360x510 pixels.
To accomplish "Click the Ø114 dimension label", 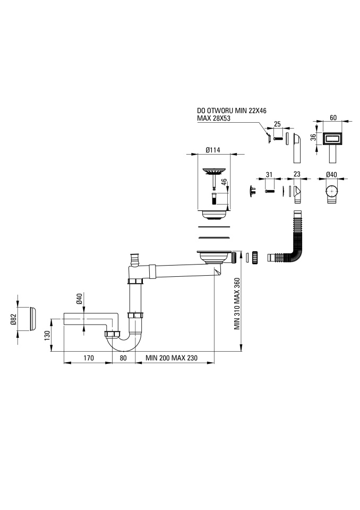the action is (213, 150).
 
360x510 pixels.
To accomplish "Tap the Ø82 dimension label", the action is (13, 319).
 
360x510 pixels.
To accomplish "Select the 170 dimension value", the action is (89, 358).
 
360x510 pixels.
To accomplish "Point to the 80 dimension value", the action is (123, 358).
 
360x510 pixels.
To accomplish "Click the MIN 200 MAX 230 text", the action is (172, 358).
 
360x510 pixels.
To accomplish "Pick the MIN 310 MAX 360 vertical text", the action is (237, 303).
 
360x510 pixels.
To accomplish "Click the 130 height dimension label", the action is (47, 335).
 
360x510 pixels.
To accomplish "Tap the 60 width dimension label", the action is (333, 118).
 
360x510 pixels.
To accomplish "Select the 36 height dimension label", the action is (313, 138).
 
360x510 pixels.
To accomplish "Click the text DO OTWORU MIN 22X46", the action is (232, 111).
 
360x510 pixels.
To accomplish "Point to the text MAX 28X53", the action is (213, 118).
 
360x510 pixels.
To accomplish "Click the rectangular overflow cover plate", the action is (333, 139).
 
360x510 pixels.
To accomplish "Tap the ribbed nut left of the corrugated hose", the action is (255, 257).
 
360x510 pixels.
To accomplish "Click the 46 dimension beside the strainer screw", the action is (224, 182).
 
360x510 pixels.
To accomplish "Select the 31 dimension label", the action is (269, 175).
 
